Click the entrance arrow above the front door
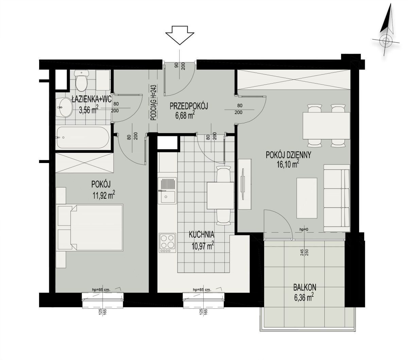[180, 35]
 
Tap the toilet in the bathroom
[81, 80]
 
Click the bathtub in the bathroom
[83, 138]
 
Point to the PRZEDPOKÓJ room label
[188, 106]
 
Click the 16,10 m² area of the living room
[288, 164]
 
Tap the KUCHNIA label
[202, 235]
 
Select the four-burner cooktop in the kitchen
[167, 243]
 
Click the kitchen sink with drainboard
[167, 191]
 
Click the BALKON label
[305, 288]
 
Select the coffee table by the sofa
[307, 198]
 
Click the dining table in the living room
[326, 126]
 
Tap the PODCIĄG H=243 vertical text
[153, 103]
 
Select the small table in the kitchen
[221, 196]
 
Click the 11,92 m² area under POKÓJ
[104, 195]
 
